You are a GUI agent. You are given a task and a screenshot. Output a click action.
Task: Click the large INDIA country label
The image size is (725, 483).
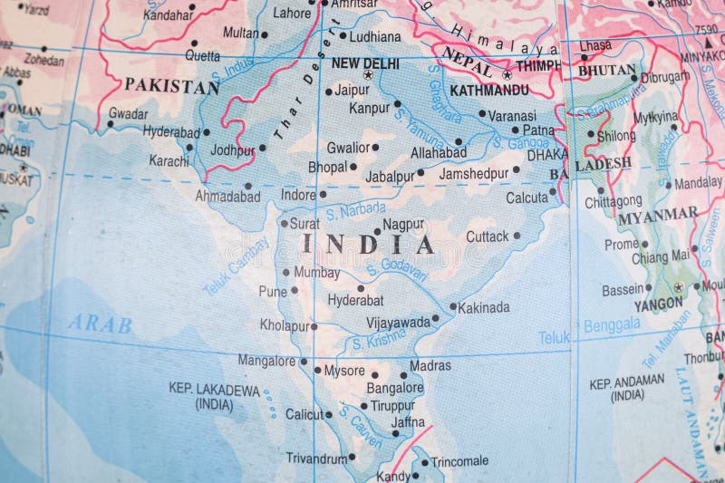tap(368, 244)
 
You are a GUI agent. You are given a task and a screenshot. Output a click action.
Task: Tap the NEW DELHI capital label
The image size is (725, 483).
tap(364, 63)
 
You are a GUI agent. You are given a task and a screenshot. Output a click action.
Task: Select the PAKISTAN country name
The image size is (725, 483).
tap(171, 87)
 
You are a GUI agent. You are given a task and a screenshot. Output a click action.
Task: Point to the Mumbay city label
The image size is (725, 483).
tap(317, 272)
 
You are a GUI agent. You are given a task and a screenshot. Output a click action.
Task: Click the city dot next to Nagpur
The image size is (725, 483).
tap(378, 231)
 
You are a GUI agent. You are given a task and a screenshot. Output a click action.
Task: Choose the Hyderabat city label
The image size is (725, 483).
tap(355, 300)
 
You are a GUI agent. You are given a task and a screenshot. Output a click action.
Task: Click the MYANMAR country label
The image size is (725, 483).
tap(658, 217)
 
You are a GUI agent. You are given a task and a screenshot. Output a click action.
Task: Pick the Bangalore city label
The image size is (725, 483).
tap(394, 388)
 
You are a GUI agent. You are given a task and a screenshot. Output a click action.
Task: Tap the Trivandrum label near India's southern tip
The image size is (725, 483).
tap(316, 459)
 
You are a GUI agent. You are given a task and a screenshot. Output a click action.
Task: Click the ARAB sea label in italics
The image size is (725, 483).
tap(100, 324)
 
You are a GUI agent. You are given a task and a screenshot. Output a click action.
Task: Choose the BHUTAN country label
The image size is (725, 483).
tap(606, 70)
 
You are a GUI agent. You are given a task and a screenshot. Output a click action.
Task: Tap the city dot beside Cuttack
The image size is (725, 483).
tap(517, 236)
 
